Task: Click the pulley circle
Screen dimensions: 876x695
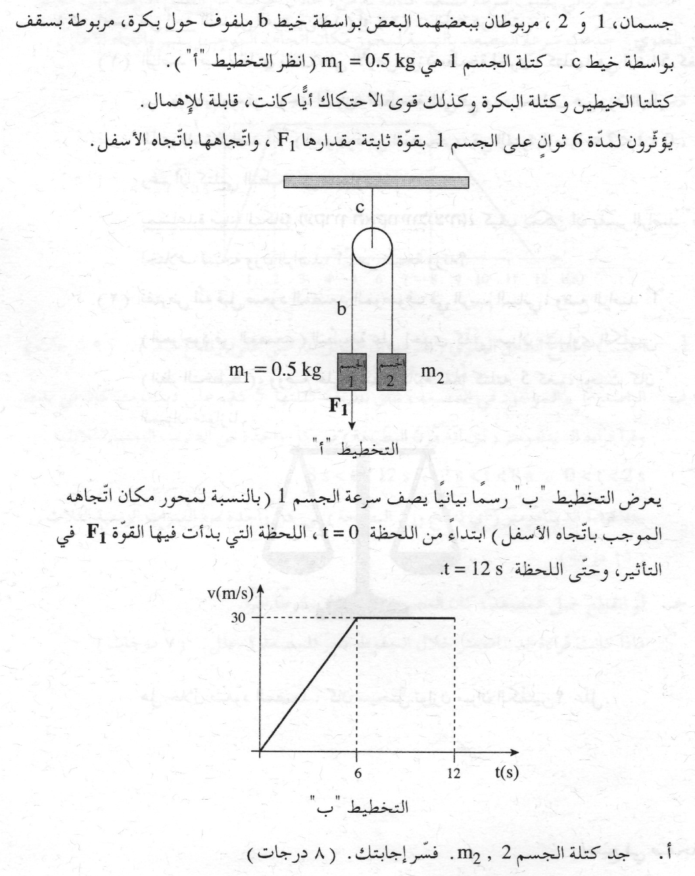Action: tap(372, 249)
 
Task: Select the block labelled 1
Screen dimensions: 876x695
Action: tap(352, 373)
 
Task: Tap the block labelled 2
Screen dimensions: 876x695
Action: tap(392, 373)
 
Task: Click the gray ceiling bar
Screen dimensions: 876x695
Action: tap(377, 182)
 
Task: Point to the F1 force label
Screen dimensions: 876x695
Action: tap(338, 407)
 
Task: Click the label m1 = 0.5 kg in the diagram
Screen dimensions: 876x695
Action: tap(275, 371)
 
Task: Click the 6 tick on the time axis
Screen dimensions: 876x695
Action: tap(357, 773)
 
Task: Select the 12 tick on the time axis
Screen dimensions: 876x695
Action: tap(454, 773)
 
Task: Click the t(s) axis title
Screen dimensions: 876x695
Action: tap(506, 772)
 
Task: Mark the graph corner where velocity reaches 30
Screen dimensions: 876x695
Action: tap(356, 617)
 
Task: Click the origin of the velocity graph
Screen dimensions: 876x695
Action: tap(261, 750)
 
